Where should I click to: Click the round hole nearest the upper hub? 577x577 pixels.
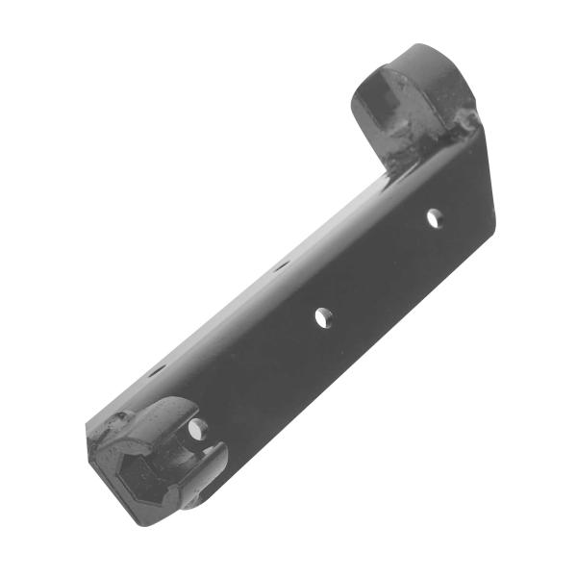coord(434,217)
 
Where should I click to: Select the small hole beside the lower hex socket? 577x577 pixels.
coord(196,429)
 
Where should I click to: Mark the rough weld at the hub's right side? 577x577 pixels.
coord(465,122)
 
